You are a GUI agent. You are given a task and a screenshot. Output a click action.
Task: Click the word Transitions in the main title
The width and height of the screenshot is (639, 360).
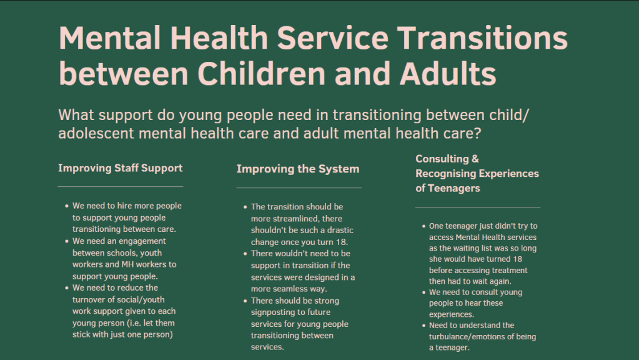[482, 38]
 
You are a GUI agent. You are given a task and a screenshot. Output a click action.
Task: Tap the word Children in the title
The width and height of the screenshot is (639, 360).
[262, 74]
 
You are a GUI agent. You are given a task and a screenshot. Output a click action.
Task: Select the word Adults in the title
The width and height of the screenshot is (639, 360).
[448, 74]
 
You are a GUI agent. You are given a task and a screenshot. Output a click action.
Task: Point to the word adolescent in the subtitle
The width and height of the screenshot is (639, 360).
[96, 133]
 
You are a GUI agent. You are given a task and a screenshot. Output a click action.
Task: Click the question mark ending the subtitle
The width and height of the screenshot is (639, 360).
[477, 133]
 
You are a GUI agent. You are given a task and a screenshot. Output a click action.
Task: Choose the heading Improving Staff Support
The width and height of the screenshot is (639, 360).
[120, 168]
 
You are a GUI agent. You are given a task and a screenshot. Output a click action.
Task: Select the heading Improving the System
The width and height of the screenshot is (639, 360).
[298, 169]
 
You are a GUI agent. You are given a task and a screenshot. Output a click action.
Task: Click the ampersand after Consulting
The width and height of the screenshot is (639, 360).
[475, 159]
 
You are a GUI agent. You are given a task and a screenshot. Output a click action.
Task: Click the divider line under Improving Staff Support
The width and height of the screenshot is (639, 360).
[121, 187]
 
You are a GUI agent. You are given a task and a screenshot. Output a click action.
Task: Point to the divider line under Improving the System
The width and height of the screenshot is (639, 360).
[299, 188]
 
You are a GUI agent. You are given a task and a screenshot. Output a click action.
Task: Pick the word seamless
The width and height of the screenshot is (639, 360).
[289, 289]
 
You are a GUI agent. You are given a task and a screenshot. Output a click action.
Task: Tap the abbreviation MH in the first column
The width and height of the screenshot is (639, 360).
[127, 264]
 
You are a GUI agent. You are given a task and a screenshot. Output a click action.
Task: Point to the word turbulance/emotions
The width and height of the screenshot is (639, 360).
[482, 337]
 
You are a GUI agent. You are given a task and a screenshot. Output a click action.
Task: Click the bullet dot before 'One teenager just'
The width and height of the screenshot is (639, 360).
[424, 226]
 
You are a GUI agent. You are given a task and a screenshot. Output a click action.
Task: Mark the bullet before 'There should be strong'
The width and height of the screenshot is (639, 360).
[245, 301]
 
